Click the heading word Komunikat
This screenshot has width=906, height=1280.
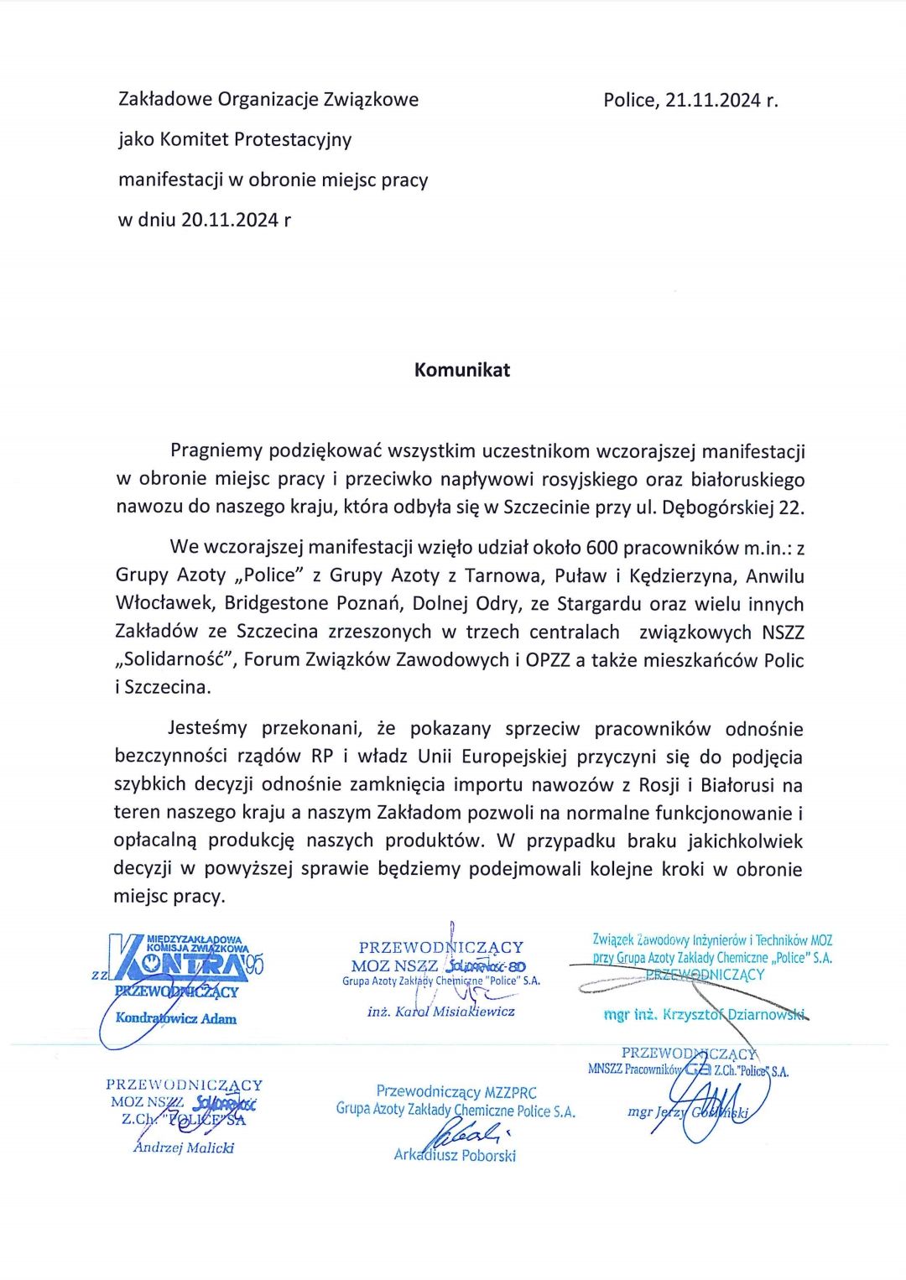pyautogui.click(x=461, y=370)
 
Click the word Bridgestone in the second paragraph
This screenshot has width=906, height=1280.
pyautogui.click(x=276, y=604)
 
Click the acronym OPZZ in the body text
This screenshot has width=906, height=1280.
pyautogui.click(x=547, y=660)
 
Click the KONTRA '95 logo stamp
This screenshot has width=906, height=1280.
pyautogui.click(x=190, y=959)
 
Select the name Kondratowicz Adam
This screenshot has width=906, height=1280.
pyautogui.click(x=176, y=1018)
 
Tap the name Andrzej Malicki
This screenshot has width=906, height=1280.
pyautogui.click(x=185, y=1147)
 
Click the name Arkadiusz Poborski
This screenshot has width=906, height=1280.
pyautogui.click(x=455, y=1156)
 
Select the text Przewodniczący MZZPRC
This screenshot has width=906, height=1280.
pyautogui.click(x=456, y=1092)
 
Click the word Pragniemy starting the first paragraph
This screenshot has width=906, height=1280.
pyautogui.click(x=216, y=451)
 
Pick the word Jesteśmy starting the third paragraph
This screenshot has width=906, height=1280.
pyautogui.click(x=207, y=728)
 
